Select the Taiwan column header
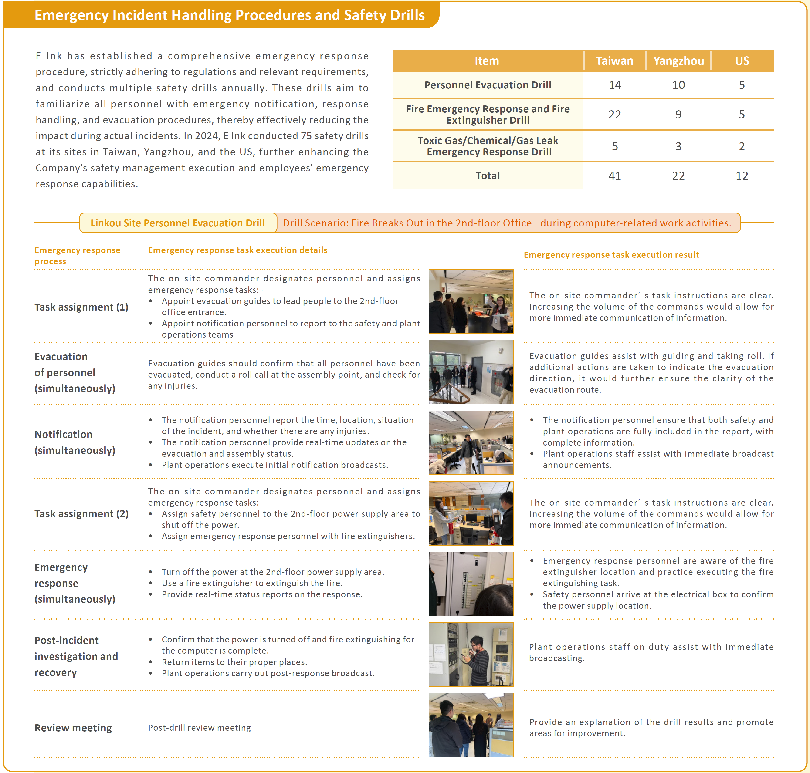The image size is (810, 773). [x=614, y=61]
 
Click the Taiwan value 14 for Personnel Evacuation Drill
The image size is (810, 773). [x=615, y=85]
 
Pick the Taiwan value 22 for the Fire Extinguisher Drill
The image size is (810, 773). [x=615, y=115]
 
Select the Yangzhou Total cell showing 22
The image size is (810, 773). [x=678, y=176]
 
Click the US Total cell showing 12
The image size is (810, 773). [x=742, y=176]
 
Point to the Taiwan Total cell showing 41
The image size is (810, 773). [x=615, y=176]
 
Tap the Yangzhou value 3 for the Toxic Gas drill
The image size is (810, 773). [x=678, y=146]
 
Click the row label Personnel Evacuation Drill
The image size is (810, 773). [x=488, y=85]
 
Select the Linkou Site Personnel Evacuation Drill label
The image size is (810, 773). [x=178, y=223]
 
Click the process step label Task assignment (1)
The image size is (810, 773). [x=81, y=307]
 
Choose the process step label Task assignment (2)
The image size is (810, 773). [x=81, y=514]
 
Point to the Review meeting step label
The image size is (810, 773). [x=73, y=728]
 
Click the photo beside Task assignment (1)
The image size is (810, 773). [x=471, y=302]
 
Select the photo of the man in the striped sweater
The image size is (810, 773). [x=471, y=654]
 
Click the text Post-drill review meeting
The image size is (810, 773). [x=199, y=728]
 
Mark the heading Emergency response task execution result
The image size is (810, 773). [x=611, y=255]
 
